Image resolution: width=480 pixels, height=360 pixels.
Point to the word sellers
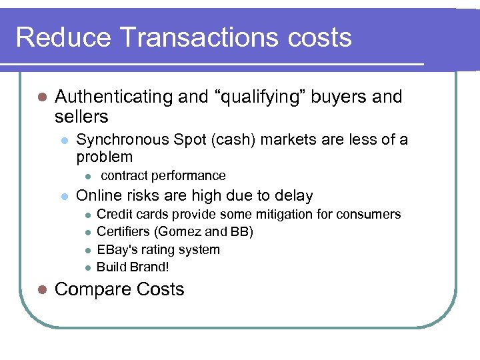pyautogui.click(x=81, y=117)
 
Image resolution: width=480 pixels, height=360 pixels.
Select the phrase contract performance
pyautogui.click(x=163, y=176)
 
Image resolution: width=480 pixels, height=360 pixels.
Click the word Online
pyautogui.click(x=97, y=196)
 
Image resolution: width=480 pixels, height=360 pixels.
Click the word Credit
pyautogui.click(x=114, y=215)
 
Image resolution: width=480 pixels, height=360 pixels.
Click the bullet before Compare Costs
pyautogui.click(x=41, y=290)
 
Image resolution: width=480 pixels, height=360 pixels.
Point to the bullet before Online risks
pyautogui.click(x=63, y=197)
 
